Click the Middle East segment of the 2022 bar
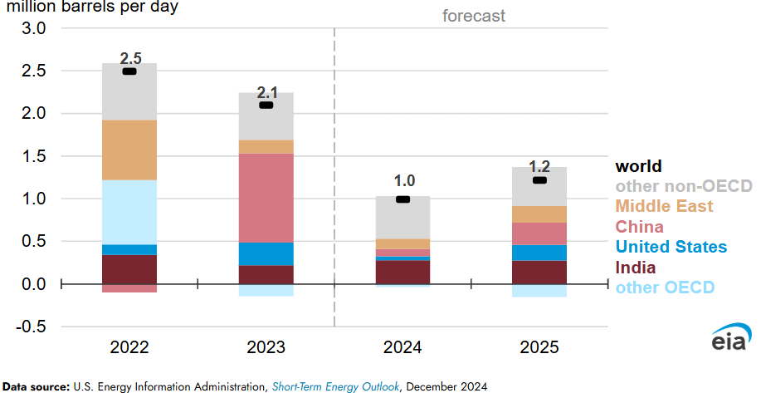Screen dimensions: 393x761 tap(129, 150)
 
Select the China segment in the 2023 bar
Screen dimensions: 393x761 tap(266, 198)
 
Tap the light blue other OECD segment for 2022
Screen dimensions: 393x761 tap(129, 212)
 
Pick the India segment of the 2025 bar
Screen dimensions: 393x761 tap(539, 272)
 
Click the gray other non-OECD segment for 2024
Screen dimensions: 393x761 tap(402, 218)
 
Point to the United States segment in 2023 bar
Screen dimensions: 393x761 tap(266, 253)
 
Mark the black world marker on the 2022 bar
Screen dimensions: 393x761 tap(129, 72)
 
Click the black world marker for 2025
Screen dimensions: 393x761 tap(539, 180)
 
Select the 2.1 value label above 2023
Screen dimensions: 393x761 tap(266, 93)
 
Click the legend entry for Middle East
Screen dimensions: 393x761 tap(664, 205)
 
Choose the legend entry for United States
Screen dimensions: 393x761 tap(671, 247)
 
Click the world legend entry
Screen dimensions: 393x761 tap(638, 166)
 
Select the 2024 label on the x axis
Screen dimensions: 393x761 tap(403, 346)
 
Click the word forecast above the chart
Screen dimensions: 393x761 tap(474, 16)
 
